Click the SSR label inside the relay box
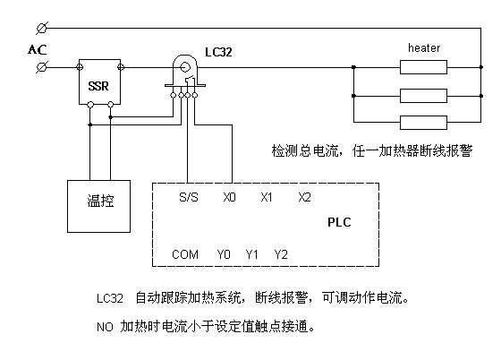tap(98, 86)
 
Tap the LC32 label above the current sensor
tap(218, 52)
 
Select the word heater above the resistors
tap(424, 48)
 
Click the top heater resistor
tap(423, 67)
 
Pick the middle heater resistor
tap(423, 96)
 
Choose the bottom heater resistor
tap(423, 123)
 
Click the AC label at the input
tap(38, 49)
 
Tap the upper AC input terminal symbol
tap(42, 28)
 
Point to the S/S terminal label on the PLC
tap(189, 197)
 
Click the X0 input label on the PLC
tap(229, 197)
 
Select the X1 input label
tap(267, 197)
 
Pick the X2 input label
tap(304, 197)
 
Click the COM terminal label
tap(185, 254)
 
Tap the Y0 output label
tap(224, 254)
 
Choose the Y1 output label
tap(251, 254)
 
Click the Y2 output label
tap(281, 254)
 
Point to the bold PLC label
tap(339, 222)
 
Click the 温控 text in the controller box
tap(100, 201)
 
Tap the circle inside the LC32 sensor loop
tap(184, 67)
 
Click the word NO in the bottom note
tap(105, 327)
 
